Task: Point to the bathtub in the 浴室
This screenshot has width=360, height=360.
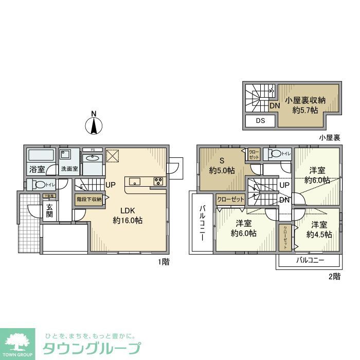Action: [40, 155]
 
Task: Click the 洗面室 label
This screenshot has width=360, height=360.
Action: [69, 168]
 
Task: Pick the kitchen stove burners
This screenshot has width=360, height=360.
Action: [157, 181]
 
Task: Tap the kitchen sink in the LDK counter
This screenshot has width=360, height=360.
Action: [135, 181]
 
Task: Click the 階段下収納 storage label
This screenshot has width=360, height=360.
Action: [89, 199]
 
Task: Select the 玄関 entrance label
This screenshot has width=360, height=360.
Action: [50, 210]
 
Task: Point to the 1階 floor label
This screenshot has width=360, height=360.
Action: [164, 262]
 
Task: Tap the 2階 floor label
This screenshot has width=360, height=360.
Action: [334, 276]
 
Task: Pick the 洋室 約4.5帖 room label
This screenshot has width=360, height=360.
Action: [319, 229]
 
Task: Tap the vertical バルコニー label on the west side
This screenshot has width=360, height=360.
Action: [202, 223]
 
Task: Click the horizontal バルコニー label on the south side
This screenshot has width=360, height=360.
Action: [310, 260]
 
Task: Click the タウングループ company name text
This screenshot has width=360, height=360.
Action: [91, 348]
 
